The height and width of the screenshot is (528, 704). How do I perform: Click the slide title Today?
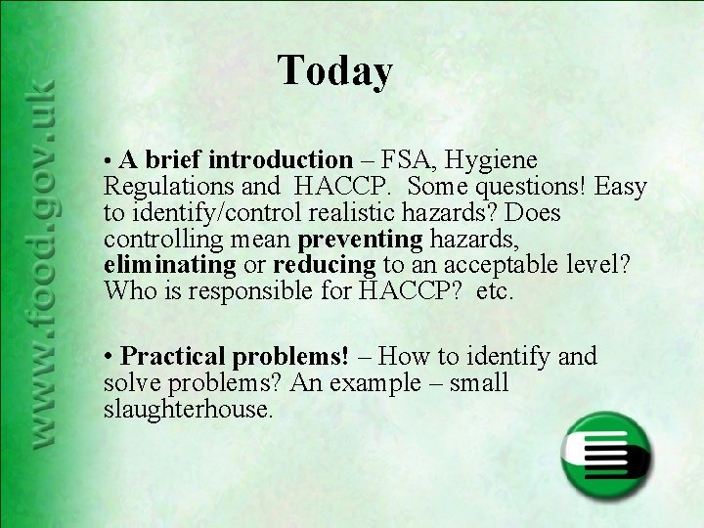coord(335,70)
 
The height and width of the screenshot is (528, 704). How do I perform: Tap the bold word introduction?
coord(281,158)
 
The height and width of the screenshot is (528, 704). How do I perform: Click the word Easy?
coord(619,186)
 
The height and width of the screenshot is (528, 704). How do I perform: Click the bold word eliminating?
coord(169,265)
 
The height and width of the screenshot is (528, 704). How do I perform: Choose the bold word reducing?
coord(324,265)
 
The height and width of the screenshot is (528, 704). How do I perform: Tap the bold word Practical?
coord(173,357)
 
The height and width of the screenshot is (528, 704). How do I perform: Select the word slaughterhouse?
coord(187,410)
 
